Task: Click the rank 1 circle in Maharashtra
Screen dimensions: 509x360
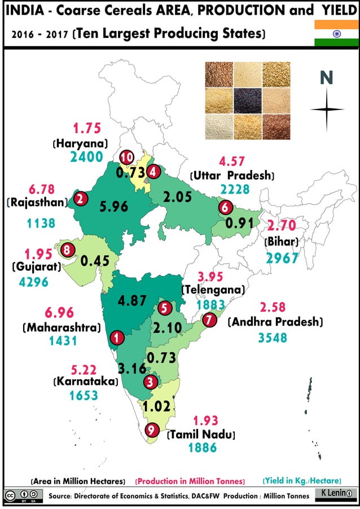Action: [116, 337]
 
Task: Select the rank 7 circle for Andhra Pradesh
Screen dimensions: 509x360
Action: [209, 320]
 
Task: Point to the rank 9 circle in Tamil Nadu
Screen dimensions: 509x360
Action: [151, 430]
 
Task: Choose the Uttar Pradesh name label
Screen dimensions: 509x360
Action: [232, 175]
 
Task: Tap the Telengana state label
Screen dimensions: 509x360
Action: [213, 289]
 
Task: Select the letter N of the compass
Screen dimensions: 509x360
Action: [326, 78]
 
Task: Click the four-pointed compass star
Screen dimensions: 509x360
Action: [327, 109]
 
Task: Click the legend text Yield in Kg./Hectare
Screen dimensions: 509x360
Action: [302, 481]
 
